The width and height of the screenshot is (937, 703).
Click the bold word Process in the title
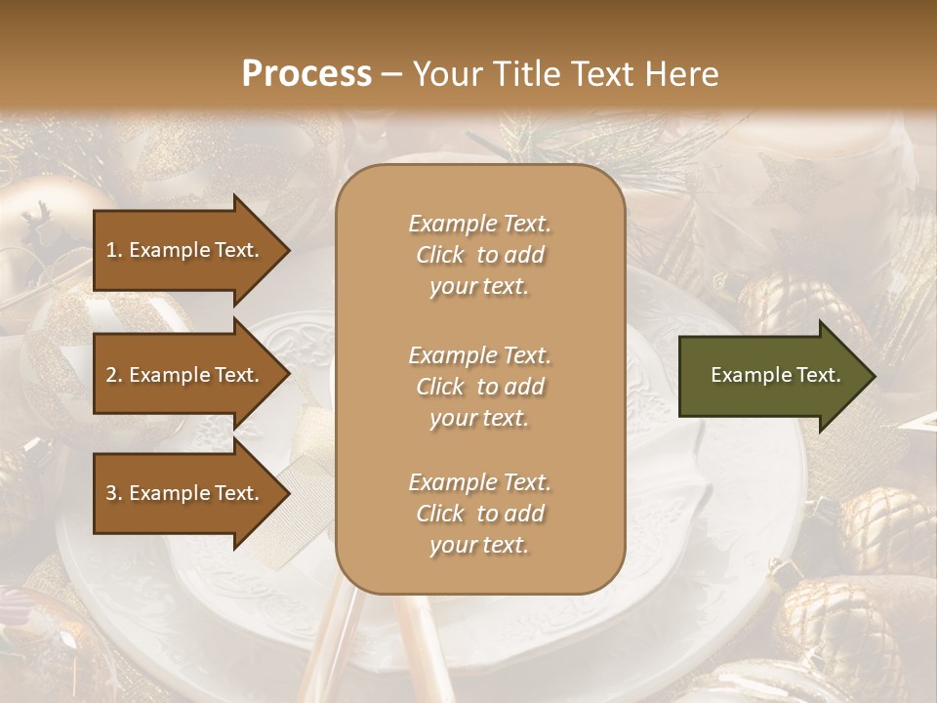[306, 74]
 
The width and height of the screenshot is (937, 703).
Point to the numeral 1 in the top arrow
[110, 250]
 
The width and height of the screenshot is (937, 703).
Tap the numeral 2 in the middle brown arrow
[111, 375]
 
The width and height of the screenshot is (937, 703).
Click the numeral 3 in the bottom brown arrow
[111, 493]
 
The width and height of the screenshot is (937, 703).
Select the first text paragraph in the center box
[479, 255]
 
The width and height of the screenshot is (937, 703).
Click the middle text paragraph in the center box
[479, 387]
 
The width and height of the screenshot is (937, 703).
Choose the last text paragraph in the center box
[479, 514]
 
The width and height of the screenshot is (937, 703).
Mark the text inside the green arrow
[775, 375]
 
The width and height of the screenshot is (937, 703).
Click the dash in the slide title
[391, 74]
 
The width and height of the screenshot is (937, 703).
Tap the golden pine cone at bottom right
[883, 527]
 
